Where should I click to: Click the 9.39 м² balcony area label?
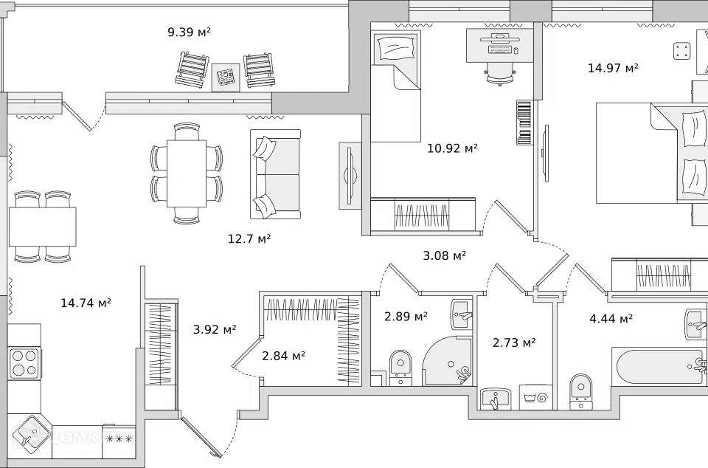tap(190, 32)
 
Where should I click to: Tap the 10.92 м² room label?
tap(452, 148)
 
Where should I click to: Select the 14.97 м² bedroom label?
tap(613, 68)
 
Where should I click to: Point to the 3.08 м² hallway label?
tap(444, 255)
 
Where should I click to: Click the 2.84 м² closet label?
tap(283, 356)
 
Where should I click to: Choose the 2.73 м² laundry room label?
tap(514, 343)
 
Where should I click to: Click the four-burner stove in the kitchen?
tap(24, 363)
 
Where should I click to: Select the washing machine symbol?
tap(535, 397)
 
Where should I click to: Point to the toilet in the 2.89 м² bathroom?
tap(400, 367)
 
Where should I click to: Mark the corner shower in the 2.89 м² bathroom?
tap(448, 360)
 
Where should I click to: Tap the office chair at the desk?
tap(500, 72)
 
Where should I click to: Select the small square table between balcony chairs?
tap(226, 77)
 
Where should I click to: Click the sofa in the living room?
tap(275, 174)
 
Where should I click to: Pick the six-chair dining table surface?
tap(187, 173)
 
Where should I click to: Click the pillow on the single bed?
tap(397, 47)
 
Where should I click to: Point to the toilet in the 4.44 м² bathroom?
tap(580, 390)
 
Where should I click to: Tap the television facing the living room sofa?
tap(350, 176)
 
